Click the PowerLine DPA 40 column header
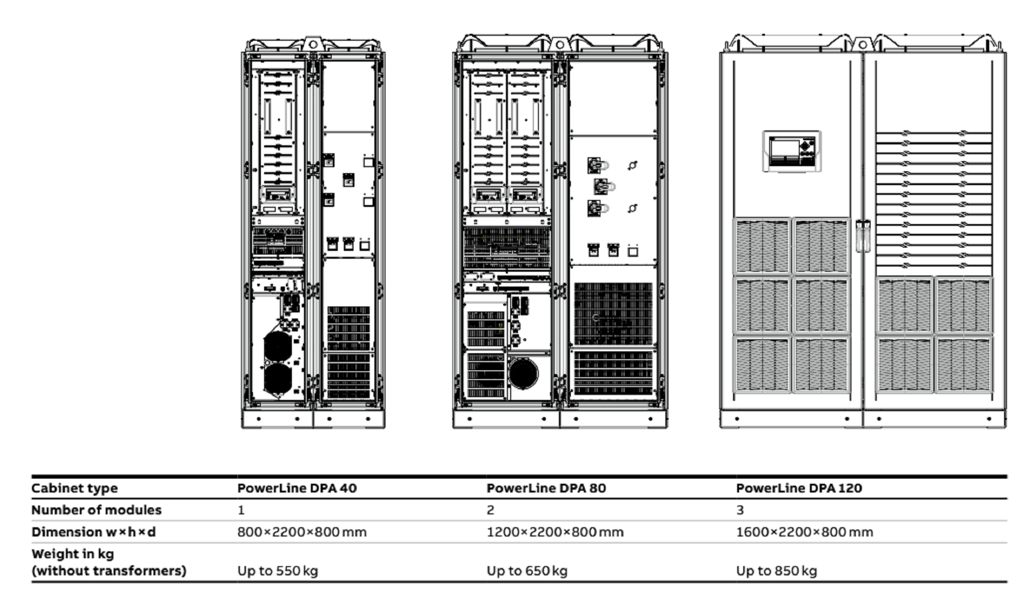click(297, 488)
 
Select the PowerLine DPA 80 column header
click(546, 488)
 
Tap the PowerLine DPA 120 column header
click(799, 488)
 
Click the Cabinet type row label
click(74, 488)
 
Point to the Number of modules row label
click(96, 510)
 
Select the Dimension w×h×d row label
click(93, 532)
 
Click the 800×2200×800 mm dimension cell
click(302, 532)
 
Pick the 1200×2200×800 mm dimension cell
click(555, 532)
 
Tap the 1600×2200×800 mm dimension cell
click(804, 532)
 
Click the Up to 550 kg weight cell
click(278, 570)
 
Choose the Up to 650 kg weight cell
click(527, 570)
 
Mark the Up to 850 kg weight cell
click(776, 570)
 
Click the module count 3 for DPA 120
click(740, 510)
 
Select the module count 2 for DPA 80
click(490, 510)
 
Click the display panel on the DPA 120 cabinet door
click(792, 151)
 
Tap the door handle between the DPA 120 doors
click(862, 236)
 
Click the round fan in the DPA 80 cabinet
click(524, 373)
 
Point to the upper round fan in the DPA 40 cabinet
click(278, 346)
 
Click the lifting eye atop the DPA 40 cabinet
click(313, 44)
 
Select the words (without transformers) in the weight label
click(109, 570)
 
